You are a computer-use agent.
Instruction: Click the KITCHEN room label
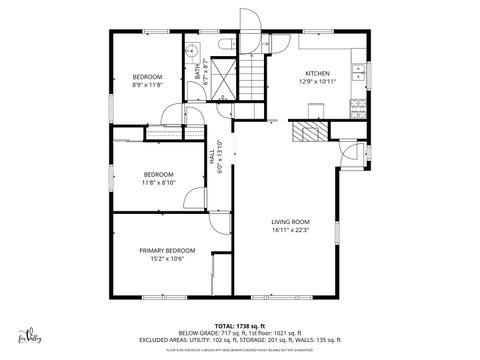coord(318,74)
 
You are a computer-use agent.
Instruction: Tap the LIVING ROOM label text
coord(290,221)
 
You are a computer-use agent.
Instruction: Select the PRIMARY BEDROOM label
coord(167,250)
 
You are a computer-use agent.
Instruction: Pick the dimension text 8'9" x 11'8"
coord(148,85)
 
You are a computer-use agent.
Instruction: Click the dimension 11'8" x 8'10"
coord(158,182)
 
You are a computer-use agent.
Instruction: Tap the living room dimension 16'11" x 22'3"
coord(290,230)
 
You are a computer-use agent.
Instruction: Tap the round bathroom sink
coord(189,49)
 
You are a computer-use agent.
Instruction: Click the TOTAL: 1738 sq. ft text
coord(240,326)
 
